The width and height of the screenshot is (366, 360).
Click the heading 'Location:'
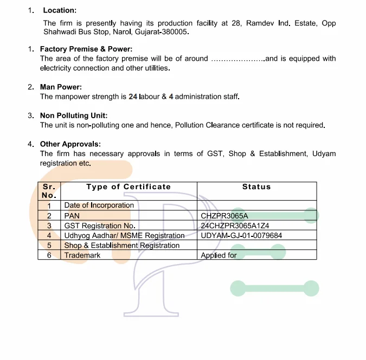click(x=60, y=10)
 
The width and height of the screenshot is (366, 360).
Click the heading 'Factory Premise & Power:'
click(x=86, y=49)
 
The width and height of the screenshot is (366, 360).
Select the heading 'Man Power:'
click(x=61, y=87)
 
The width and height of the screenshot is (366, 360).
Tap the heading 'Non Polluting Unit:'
click(x=74, y=115)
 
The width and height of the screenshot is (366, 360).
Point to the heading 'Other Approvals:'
click(x=70, y=144)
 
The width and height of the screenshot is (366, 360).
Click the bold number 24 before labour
click(x=133, y=97)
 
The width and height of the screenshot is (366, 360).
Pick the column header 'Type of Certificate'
click(x=129, y=187)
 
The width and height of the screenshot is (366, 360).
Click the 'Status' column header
click(x=256, y=187)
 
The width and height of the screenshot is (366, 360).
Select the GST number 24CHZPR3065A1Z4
click(x=235, y=226)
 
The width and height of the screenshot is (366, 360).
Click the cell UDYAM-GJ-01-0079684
click(x=241, y=235)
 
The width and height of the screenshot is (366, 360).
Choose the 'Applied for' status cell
click(x=219, y=255)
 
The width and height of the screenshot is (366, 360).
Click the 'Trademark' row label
click(x=82, y=255)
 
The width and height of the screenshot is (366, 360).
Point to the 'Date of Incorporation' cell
click(x=99, y=205)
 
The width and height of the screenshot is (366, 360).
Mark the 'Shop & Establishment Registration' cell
click(x=121, y=246)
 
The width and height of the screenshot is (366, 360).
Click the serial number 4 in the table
click(x=49, y=235)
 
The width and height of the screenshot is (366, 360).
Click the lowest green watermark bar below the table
click(x=274, y=288)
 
